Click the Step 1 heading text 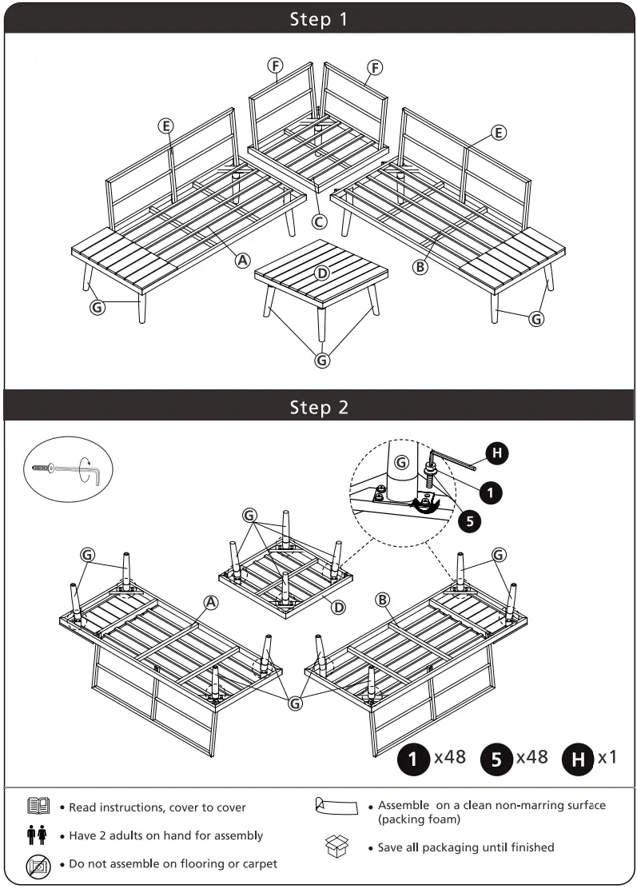point(319,19)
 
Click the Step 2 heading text point(319,407)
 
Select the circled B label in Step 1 point(420,267)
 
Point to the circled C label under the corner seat point(320,221)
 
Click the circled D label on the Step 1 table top point(321,273)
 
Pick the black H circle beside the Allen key point(497,454)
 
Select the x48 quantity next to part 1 point(449,756)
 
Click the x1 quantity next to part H point(607,756)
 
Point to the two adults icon point(38,835)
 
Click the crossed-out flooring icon point(38,866)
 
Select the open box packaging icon point(337,847)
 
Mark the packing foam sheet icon point(336,806)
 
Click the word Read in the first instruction point(84,807)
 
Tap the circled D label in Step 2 point(339,607)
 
